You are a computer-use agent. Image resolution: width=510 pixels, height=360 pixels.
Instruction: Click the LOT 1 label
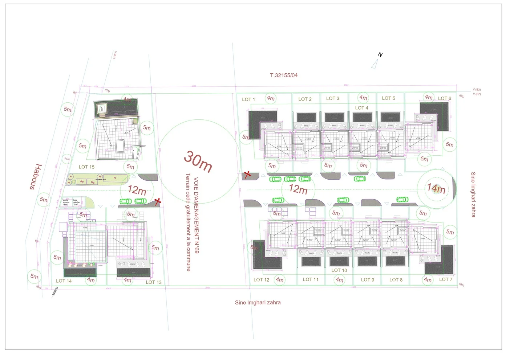248,99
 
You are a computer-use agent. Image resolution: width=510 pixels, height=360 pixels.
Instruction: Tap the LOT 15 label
86,167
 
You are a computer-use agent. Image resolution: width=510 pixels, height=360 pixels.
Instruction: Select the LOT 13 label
154,282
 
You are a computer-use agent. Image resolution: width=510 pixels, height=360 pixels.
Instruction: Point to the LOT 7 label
446,279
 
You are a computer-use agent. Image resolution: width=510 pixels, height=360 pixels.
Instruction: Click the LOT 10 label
339,270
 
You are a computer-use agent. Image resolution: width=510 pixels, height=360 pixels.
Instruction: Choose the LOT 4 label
361,108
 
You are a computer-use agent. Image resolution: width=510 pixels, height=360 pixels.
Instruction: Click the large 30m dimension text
198,161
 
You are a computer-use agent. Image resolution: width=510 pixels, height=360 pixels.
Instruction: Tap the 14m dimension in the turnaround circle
436,188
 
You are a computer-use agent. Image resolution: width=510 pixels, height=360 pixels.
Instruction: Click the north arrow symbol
375,64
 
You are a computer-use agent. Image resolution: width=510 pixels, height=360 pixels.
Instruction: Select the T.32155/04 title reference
284,75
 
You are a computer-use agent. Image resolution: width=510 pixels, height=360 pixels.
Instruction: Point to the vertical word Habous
36,177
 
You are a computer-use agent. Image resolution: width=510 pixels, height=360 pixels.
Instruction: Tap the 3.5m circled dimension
67,159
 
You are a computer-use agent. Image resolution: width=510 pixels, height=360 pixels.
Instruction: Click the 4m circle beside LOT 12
279,280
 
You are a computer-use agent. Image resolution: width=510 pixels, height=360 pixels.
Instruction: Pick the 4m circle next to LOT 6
429,97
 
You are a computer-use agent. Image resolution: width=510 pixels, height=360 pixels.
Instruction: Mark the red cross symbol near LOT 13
157,201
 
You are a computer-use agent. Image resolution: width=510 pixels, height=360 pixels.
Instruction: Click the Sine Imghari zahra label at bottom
258,302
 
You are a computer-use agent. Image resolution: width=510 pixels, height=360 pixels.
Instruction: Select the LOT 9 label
367,280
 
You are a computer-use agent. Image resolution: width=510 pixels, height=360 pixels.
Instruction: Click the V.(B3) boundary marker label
477,90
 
